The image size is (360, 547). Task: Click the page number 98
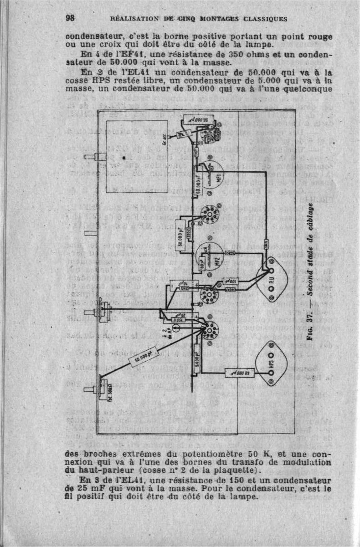[70, 18]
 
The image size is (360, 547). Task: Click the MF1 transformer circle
[212, 175]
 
